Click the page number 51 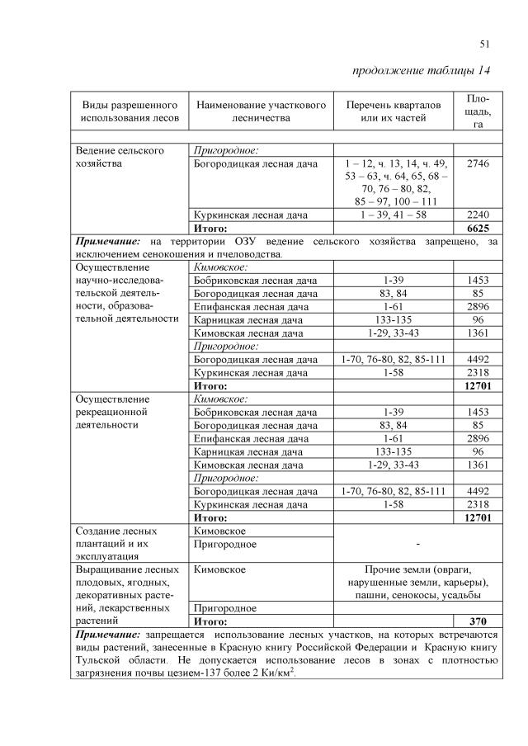point(484,44)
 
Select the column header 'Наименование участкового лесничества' point(262,111)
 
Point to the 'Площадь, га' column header point(478,111)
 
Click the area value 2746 point(478,164)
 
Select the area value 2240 point(478,215)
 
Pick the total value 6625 point(478,228)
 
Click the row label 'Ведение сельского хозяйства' point(120,157)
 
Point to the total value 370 point(478,621)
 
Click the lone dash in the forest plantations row point(418,545)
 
